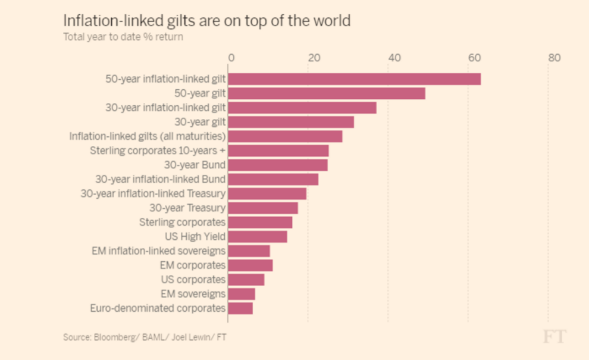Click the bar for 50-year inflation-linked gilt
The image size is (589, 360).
(354, 79)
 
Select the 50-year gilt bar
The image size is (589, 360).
(327, 93)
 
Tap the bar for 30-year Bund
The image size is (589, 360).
(278, 165)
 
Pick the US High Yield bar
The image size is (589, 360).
(258, 236)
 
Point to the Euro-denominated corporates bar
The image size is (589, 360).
(240, 308)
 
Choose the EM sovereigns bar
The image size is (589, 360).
(242, 294)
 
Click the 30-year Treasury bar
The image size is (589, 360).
(263, 208)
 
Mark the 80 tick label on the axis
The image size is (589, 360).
(554, 58)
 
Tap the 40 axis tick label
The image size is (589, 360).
(393, 58)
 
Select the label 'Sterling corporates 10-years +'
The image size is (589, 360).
(158, 151)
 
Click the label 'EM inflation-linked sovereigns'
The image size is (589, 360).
(159, 251)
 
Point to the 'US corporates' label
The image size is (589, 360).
(193, 279)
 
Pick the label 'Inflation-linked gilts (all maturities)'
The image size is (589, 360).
(148, 136)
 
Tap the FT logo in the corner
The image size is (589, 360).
(554, 336)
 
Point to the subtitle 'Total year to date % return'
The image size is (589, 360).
(123, 37)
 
